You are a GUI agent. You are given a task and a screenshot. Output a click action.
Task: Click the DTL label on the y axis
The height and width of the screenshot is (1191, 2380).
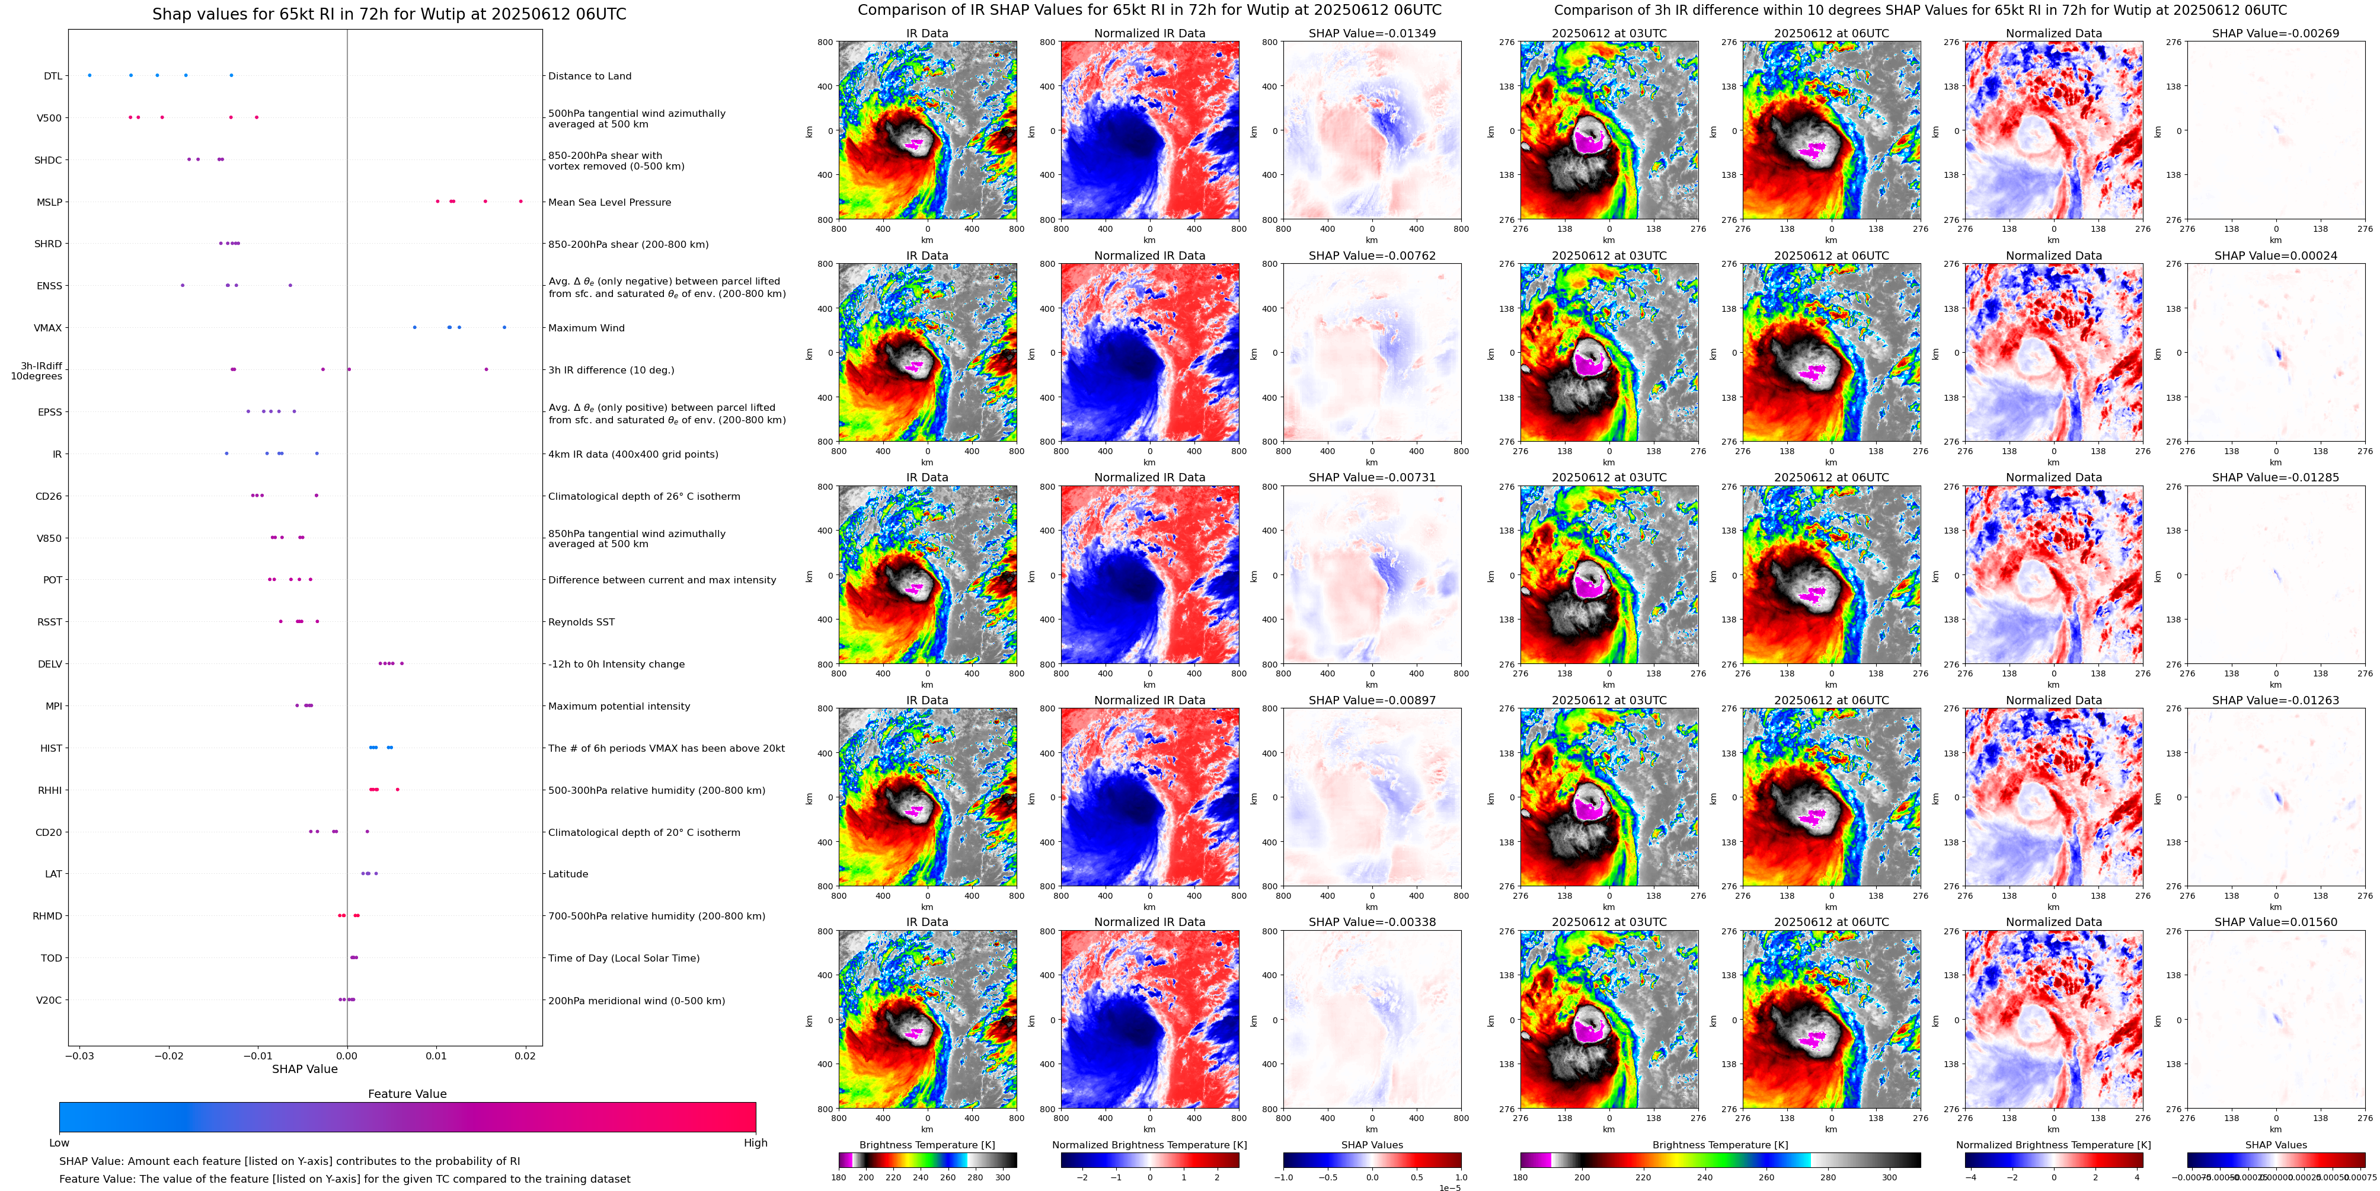(53, 76)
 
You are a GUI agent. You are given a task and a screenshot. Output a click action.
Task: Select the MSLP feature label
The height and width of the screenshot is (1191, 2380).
(49, 202)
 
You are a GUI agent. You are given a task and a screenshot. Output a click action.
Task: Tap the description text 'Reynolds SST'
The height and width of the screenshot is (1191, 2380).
(580, 622)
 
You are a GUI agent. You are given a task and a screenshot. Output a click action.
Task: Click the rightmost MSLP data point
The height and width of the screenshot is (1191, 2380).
(520, 202)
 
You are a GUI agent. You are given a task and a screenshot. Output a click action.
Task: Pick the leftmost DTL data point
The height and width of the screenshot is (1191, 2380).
(90, 75)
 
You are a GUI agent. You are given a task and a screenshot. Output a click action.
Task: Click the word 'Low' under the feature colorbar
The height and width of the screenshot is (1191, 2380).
(59, 1143)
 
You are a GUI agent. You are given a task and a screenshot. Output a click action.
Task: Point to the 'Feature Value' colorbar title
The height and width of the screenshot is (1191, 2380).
(407, 1094)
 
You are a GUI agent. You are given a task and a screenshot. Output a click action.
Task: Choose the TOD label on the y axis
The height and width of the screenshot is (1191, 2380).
(51, 958)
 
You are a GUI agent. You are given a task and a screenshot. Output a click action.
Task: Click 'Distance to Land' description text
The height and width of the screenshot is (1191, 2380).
(589, 76)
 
